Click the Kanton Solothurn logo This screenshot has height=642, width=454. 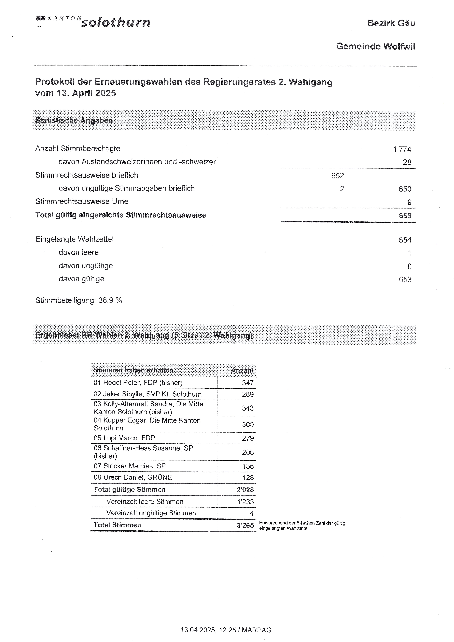(93, 22)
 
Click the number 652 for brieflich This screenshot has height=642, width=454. (337, 176)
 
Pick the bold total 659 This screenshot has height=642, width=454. (405, 216)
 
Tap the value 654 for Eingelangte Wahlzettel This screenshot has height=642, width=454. (405, 240)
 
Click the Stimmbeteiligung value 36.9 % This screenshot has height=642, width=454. (110, 300)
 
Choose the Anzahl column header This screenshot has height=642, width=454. (242, 370)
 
